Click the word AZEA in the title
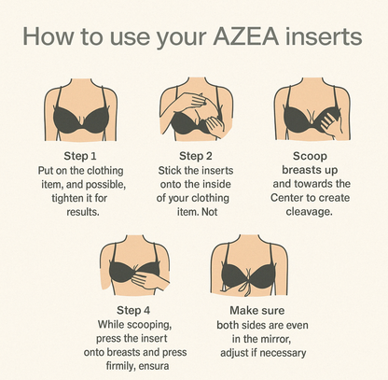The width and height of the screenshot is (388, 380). point(245,36)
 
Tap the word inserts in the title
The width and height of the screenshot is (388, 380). point(324,36)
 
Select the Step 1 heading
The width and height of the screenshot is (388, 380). point(80,156)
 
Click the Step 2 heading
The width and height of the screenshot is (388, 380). point(196,156)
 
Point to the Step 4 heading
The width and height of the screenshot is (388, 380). point(133,310)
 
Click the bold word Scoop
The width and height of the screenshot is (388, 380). point(310,156)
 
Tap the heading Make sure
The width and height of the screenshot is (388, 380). point(257,310)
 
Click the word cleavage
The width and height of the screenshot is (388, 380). point(309,212)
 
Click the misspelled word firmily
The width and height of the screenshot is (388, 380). point(120,366)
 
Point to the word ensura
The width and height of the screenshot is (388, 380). point(154,366)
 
